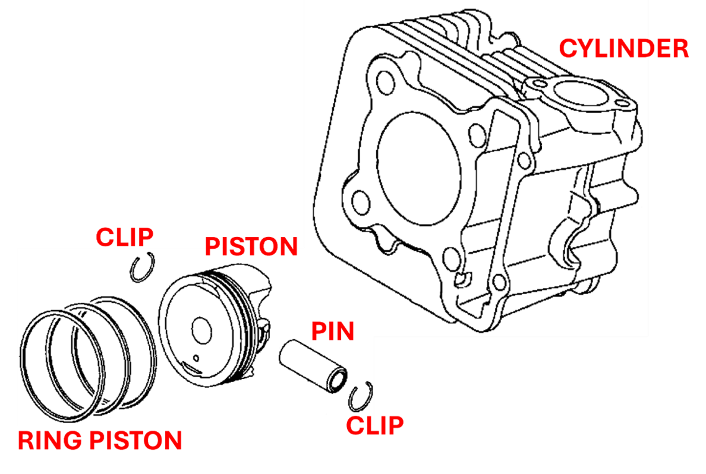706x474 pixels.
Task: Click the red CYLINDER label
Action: (623, 48)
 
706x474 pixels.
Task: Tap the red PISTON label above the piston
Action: (251, 246)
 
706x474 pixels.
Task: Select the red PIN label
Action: (333, 331)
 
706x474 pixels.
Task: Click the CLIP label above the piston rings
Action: (124, 236)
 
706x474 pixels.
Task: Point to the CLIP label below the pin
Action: (374, 425)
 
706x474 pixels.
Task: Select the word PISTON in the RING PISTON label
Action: (137, 440)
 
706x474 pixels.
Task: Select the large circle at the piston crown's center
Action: (202, 329)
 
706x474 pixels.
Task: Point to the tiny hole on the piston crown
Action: (196, 357)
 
